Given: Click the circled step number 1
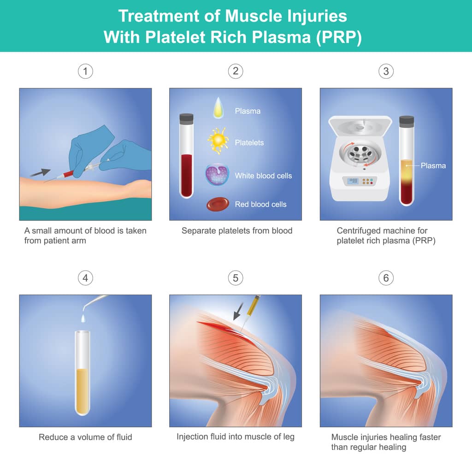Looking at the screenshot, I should pos(85,71).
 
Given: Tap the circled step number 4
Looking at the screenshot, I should pos(85,278).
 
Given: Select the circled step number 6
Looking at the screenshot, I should pos(386,278).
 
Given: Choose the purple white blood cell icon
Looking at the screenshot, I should pos(217,174).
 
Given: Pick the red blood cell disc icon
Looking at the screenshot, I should pos(217,204).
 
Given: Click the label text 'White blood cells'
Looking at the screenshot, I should pos(263,176).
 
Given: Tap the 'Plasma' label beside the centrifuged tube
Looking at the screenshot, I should pos(433,165).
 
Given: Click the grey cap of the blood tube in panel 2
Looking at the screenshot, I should pos(186,118).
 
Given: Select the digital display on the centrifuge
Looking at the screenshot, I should pos(353,181).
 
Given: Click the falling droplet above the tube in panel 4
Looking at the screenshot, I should pos(83,318).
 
